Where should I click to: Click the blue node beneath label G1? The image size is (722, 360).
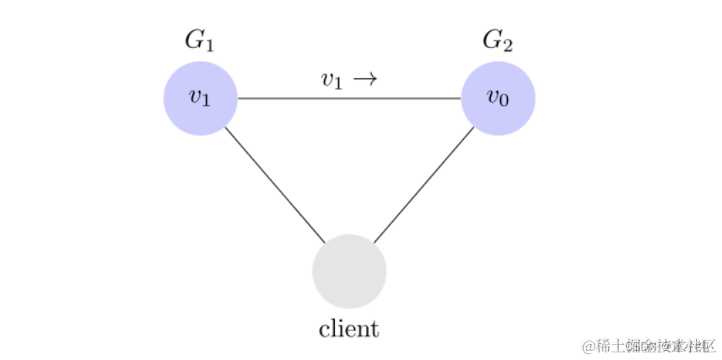[200, 99]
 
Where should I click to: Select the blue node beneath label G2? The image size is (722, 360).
[498, 99]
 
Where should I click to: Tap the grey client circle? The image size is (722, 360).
[349, 271]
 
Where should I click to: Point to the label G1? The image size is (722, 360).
[200, 40]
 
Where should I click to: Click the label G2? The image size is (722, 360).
[498, 40]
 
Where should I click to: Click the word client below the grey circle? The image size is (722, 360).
[348, 328]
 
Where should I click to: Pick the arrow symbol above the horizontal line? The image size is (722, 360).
[364, 78]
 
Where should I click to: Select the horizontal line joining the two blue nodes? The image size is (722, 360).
[349, 99]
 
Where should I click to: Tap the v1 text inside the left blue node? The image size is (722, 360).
[200, 98]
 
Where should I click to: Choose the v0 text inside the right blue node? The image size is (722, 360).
[498, 98]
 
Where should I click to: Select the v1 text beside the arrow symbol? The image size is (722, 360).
[331, 80]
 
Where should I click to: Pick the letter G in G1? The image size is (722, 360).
[194, 39]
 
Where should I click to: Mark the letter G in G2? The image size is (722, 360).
[492, 39]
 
